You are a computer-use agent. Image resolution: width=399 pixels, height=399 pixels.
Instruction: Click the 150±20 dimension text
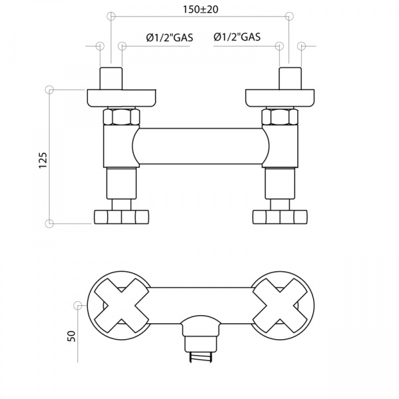[201, 9]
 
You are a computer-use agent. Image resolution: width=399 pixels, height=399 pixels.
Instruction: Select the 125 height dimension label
[43, 160]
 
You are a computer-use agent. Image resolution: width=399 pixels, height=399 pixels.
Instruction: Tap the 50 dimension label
[72, 336]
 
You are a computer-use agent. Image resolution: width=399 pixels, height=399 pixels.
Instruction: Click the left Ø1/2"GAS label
[170, 37]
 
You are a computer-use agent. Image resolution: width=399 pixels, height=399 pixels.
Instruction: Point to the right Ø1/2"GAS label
[237, 37]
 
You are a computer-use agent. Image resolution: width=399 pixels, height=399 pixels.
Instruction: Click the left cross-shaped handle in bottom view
[122, 306]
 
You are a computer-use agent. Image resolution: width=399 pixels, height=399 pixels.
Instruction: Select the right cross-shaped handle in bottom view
[280, 306]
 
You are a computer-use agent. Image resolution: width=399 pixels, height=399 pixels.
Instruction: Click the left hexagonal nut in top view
[122, 117]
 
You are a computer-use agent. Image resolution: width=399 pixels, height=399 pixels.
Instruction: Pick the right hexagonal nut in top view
[280, 117]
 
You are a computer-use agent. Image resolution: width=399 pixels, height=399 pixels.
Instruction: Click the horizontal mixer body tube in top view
[201, 146]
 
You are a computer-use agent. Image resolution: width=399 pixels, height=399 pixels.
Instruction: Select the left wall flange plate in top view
[122, 98]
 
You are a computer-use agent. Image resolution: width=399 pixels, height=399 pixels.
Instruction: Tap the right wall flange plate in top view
[280, 98]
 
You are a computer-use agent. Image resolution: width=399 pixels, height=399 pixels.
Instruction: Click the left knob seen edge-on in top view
[122, 217]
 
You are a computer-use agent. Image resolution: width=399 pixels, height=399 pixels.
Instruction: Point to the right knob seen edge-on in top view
[280, 217]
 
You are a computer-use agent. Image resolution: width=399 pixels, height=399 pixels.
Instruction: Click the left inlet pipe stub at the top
[111, 78]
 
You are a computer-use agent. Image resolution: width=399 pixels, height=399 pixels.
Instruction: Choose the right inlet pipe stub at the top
[290, 78]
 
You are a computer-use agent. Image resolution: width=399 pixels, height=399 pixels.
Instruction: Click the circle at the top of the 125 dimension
[49, 90]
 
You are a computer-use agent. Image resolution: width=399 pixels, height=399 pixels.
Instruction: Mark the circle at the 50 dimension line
[78, 305]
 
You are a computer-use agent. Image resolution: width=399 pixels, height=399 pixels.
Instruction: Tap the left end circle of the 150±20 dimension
[111, 16]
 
